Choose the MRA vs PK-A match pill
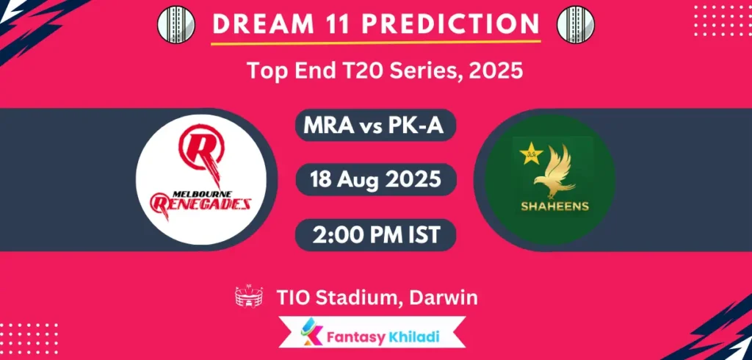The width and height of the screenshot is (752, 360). [375, 126]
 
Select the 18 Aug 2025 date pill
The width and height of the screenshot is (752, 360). [375, 179]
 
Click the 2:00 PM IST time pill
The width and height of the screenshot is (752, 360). [375, 235]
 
